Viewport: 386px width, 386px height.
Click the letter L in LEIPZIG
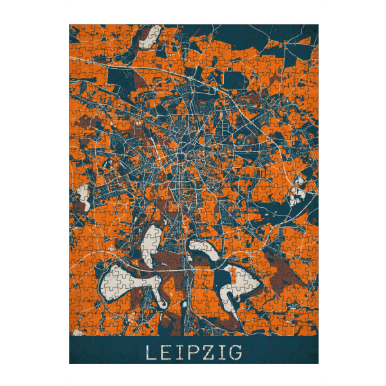[x=149, y=353]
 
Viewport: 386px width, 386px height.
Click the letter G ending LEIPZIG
[x=235, y=353]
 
